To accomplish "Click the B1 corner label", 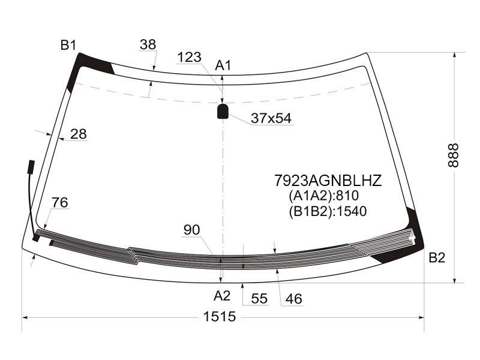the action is (x=68, y=46).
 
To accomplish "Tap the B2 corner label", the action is (x=437, y=258).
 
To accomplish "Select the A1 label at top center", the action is (x=223, y=65).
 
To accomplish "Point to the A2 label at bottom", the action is (x=222, y=296).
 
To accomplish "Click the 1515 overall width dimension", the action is (x=220, y=317).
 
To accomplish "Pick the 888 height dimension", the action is (x=454, y=155).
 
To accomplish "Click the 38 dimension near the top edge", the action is (x=148, y=44).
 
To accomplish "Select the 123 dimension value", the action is (x=189, y=57).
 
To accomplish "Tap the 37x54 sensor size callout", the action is (x=271, y=118).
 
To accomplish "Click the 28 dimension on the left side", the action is (x=79, y=134).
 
